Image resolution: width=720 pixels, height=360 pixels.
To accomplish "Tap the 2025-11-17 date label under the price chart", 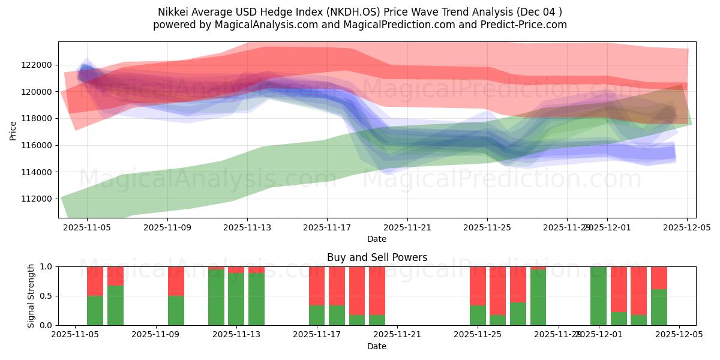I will (327, 228).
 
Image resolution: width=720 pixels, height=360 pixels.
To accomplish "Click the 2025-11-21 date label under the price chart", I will (407, 228).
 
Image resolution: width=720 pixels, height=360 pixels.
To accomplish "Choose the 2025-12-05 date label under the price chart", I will (687, 228).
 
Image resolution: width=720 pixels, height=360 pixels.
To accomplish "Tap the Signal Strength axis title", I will (31, 296).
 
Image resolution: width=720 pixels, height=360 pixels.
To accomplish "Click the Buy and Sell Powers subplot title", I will (377, 257).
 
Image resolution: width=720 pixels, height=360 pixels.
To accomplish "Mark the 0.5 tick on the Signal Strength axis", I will (47, 296).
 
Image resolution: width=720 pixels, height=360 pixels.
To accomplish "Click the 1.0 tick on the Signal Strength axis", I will (47, 266).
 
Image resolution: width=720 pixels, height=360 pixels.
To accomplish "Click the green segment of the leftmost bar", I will (95, 310).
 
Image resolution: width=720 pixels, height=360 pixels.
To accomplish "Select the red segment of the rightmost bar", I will (659, 278).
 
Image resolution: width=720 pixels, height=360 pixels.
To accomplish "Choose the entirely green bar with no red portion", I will (598, 296).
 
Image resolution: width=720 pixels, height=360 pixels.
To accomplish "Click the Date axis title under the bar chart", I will (377, 346).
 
